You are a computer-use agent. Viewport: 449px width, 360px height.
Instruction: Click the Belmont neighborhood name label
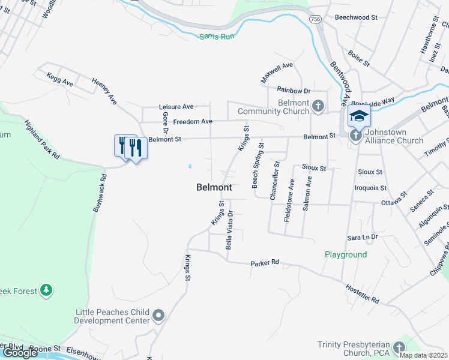(214, 187)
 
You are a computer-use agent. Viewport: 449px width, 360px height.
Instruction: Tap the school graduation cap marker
(359, 116)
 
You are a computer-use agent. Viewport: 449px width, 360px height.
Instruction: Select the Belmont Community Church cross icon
(318, 107)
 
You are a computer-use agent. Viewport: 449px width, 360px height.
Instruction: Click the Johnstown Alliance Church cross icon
(355, 136)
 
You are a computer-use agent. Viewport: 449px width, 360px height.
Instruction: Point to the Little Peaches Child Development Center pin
(158, 316)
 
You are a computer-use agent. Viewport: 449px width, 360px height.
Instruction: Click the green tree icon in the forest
(46, 291)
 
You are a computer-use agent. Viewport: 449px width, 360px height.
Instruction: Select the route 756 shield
(315, 19)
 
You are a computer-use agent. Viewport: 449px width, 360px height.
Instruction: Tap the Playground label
(346, 254)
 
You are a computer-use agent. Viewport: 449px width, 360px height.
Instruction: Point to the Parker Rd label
(265, 263)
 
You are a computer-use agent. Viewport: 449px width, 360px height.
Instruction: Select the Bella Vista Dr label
(229, 230)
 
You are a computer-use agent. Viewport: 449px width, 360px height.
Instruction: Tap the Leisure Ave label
(176, 106)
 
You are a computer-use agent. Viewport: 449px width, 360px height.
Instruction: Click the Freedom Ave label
(193, 121)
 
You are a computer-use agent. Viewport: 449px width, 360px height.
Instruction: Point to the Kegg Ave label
(59, 79)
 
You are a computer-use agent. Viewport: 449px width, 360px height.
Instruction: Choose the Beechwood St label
(356, 18)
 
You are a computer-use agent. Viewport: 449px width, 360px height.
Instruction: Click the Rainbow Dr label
(294, 91)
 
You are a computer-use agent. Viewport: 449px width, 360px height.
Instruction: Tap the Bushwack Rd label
(100, 194)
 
